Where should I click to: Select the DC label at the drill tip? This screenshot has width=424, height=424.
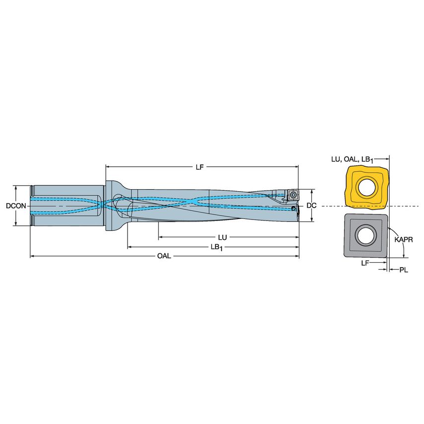coord(311,206)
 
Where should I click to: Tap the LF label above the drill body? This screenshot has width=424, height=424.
coord(199,167)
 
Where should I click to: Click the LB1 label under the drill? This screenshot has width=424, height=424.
coord(216,247)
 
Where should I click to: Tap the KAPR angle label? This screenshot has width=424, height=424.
coord(404,239)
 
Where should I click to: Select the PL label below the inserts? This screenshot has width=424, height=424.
coord(404,270)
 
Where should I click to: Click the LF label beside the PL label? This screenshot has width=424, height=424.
coord(365,263)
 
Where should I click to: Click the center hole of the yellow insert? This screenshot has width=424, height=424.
coord(367,187)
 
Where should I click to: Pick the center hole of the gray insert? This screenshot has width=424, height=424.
coord(366,235)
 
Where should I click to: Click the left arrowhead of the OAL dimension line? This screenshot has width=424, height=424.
coord(33,256)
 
